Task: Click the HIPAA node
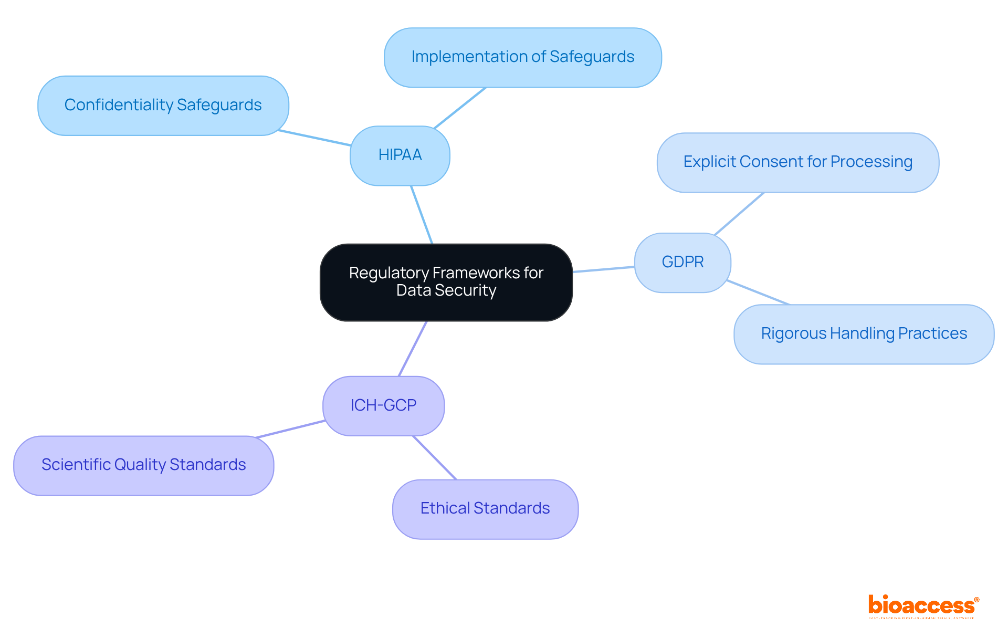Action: coord(400,155)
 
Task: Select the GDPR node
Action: coord(682,262)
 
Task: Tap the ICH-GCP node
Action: coord(383,405)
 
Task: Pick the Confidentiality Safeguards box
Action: coord(163,106)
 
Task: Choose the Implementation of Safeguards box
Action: coord(522,57)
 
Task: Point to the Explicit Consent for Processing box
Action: coord(797,162)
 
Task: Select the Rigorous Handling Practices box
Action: coord(864,334)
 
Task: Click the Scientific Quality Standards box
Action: coord(143,465)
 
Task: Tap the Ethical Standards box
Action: coord(485,509)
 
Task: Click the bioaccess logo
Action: coord(923,606)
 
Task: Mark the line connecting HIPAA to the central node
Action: coord(422,214)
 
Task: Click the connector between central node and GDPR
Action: coord(603,269)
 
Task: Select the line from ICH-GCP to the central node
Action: coord(413,349)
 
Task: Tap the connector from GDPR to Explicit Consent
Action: coord(739,213)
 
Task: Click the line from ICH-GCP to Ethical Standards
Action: coord(435,457)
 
